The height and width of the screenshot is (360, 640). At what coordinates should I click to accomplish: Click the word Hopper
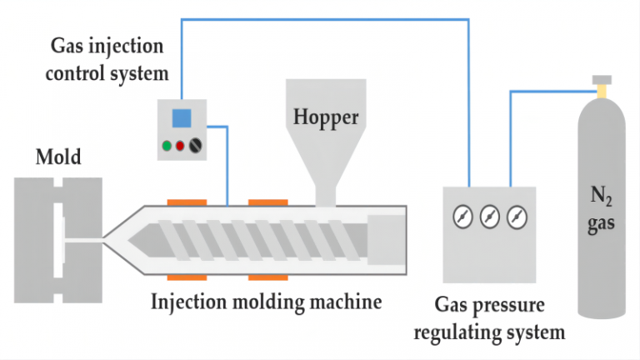click(x=326, y=116)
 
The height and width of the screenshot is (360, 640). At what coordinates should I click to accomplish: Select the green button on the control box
click(x=167, y=146)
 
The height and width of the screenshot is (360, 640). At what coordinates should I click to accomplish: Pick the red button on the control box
click(x=181, y=146)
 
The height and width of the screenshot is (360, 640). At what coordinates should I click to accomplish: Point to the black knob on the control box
click(x=196, y=146)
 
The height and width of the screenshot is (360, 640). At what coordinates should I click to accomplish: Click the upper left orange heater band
click(x=187, y=201)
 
